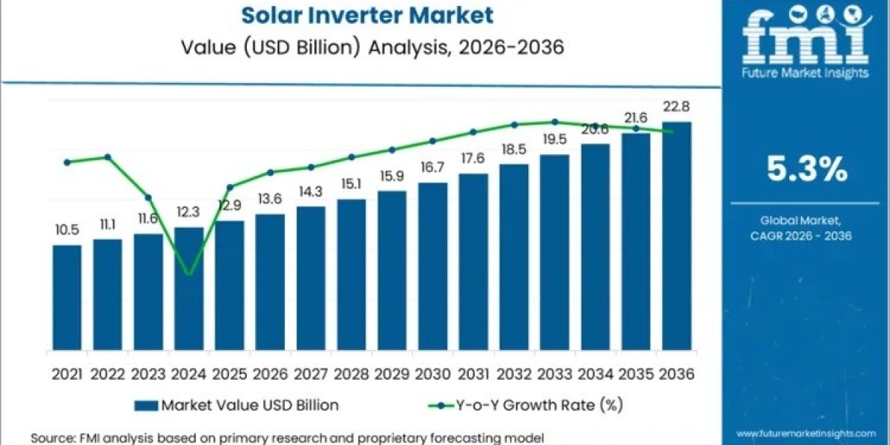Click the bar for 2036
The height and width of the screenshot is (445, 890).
click(676, 237)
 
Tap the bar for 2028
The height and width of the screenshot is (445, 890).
click(352, 275)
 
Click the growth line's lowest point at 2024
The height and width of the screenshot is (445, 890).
click(189, 274)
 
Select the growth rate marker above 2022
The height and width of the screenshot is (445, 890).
click(108, 157)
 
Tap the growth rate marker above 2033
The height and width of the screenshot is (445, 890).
click(555, 122)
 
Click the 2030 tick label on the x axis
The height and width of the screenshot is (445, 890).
click(432, 375)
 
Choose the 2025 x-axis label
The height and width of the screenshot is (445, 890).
click(229, 375)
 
